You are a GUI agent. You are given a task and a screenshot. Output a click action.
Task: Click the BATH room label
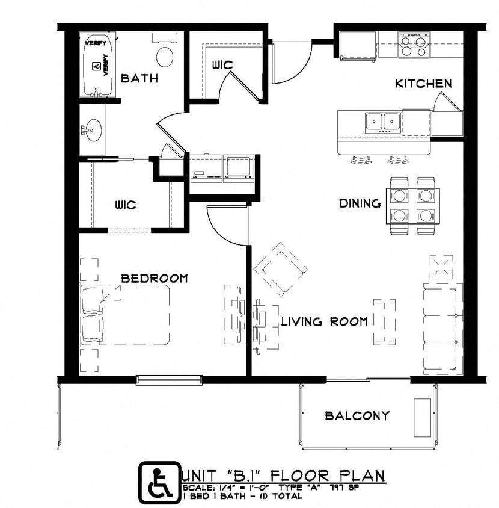139,78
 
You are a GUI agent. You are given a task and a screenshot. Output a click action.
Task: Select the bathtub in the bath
96,66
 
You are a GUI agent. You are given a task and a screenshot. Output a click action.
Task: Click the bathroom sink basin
93,129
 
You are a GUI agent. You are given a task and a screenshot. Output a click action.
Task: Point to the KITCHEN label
423,84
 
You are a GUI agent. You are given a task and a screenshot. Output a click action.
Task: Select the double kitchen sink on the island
383,122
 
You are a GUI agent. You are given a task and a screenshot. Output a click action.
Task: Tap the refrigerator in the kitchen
358,45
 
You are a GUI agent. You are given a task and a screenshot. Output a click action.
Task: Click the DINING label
360,203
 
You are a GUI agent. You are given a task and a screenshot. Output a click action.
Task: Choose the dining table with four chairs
413,205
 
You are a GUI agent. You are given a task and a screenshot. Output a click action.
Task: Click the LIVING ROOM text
324,322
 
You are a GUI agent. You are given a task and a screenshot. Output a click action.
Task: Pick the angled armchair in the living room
280,269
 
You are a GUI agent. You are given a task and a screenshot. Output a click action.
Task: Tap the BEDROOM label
155,279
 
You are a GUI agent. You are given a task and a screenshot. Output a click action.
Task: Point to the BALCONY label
357,415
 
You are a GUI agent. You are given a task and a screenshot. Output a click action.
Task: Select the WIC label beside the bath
222,65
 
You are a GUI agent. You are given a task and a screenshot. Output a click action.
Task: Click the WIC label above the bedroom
125,205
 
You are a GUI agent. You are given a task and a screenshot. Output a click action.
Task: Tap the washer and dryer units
223,168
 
